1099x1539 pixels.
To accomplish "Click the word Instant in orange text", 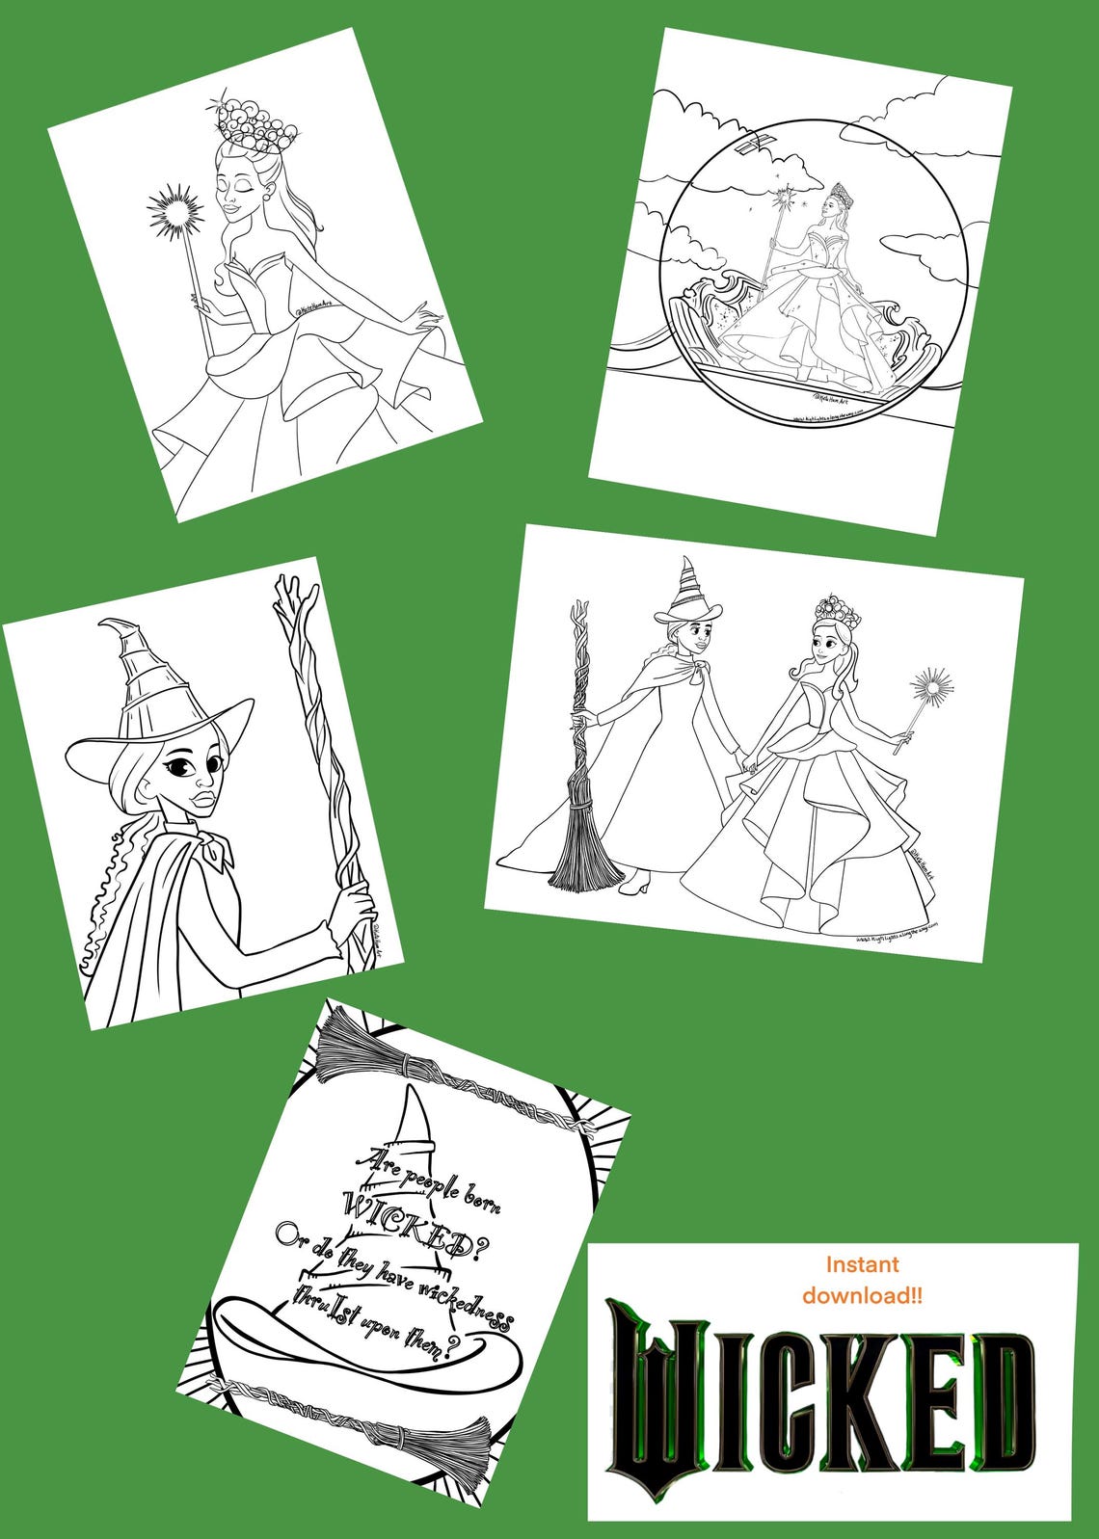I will (x=862, y=1263).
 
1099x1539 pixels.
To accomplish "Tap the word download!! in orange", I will (x=862, y=1296).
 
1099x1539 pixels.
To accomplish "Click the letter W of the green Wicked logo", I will (x=655, y=1397).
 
